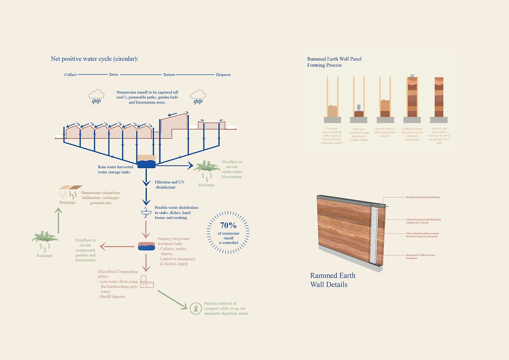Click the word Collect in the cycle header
pos(70,75)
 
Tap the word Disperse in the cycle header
pos(223,75)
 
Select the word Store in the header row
pos(113,75)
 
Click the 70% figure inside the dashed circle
pos(228,226)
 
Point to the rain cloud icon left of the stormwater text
pos(96,96)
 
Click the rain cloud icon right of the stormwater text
pos(198,96)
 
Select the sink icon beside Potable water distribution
pos(146,213)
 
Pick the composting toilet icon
pos(147,282)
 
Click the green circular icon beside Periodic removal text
pos(196,308)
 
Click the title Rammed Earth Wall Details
pos(333,280)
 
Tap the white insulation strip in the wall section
pos(373,235)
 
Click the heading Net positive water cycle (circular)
pos(95,58)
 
